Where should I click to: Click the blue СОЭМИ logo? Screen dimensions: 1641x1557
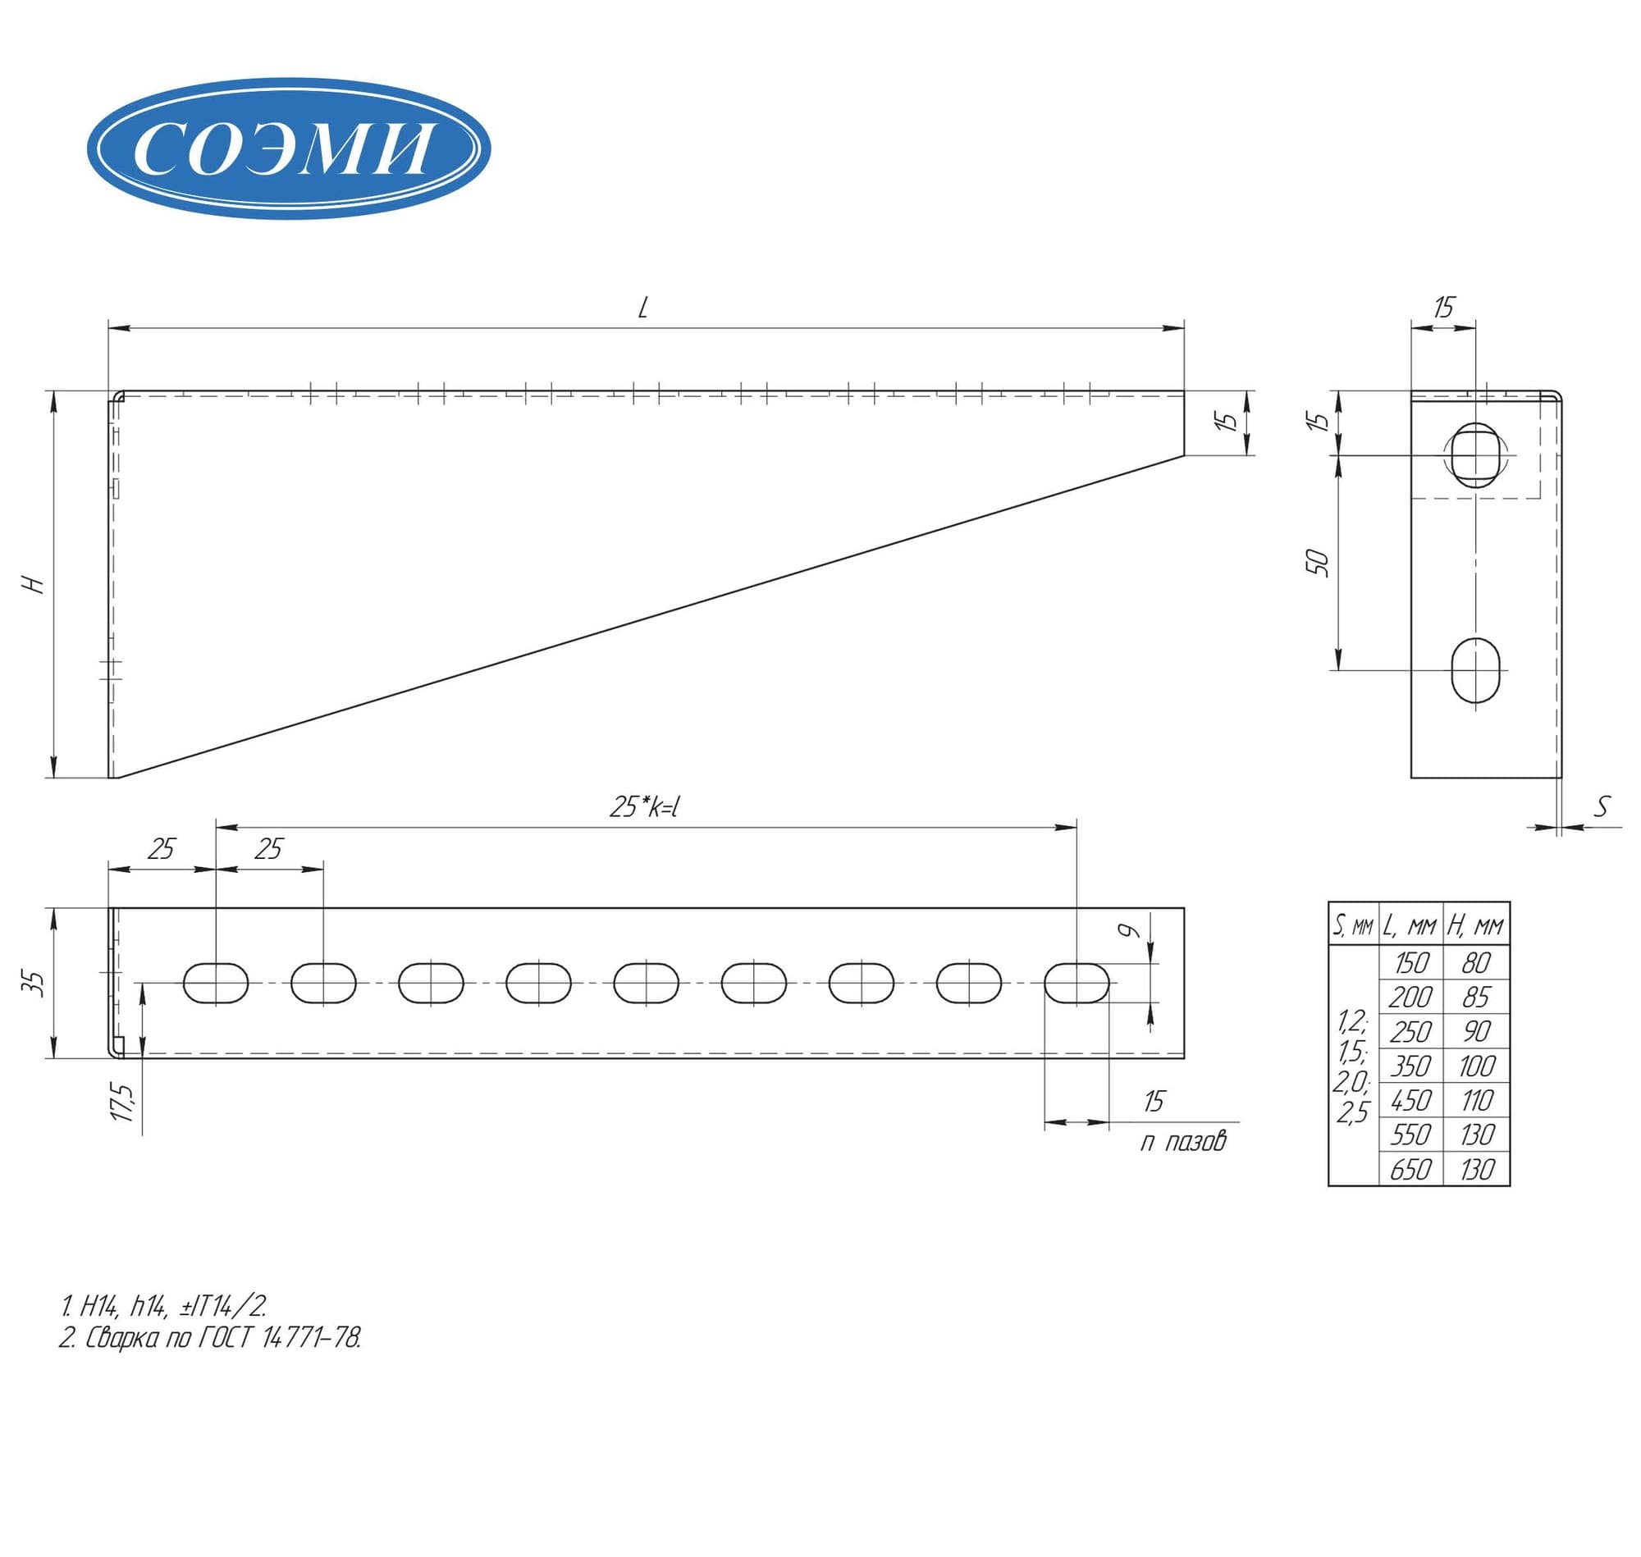click(288, 148)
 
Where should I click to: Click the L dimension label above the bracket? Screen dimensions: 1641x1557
click(642, 308)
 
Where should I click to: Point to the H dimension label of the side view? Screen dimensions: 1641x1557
click(34, 583)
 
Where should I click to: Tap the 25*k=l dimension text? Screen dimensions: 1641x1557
click(645, 806)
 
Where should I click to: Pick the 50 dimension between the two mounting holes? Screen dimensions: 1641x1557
click(1317, 563)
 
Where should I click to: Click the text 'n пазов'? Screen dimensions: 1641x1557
click(1183, 1143)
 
